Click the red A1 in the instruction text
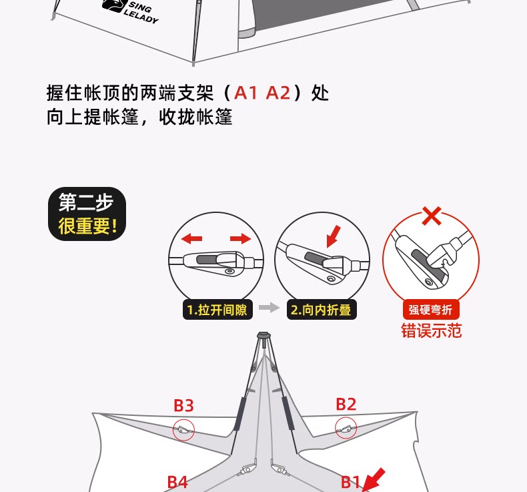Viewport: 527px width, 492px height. pyautogui.click(x=245, y=92)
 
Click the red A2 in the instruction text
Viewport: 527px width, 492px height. pyautogui.click(x=278, y=92)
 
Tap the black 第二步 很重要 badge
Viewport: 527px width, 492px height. pyautogui.click(x=87, y=214)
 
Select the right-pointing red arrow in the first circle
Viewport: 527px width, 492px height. pyautogui.click(x=240, y=238)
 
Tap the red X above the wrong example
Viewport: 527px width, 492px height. pyautogui.click(x=432, y=216)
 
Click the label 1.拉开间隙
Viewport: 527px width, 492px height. pyautogui.click(x=217, y=310)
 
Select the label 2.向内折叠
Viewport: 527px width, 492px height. pyautogui.click(x=320, y=310)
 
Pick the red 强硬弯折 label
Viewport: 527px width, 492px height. pyautogui.click(x=431, y=310)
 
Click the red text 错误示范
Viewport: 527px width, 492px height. pyautogui.click(x=431, y=330)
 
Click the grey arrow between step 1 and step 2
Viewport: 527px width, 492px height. pyautogui.click(x=268, y=308)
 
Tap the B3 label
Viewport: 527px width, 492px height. pyautogui.click(x=183, y=405)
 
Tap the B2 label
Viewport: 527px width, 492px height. pyautogui.click(x=346, y=404)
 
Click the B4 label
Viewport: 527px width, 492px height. pyautogui.click(x=177, y=482)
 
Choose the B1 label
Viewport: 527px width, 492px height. pyautogui.click(x=351, y=482)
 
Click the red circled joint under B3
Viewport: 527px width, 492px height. pyautogui.click(x=183, y=430)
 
